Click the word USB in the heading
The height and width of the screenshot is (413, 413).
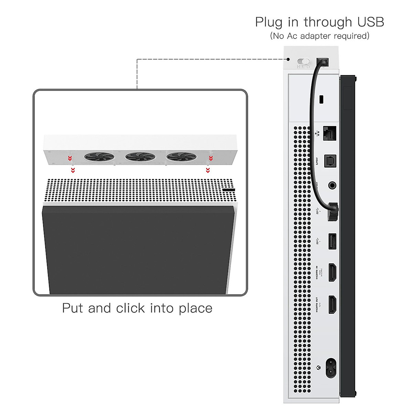point(370,22)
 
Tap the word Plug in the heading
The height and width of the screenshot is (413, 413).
point(269,23)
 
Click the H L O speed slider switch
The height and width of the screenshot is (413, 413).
point(304,62)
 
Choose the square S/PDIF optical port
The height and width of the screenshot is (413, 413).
point(330,161)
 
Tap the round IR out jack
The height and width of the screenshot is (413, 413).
point(332,185)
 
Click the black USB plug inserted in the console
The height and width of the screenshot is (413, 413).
point(332,211)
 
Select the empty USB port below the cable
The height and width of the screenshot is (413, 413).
point(332,241)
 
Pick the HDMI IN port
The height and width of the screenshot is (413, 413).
point(332,273)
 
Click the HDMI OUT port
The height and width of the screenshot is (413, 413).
point(332,305)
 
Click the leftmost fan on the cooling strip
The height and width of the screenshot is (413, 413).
point(99,157)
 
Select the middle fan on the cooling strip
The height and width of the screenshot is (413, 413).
point(140,157)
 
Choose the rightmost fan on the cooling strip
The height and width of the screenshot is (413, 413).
point(181,157)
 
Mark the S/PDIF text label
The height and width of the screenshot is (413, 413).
point(317,161)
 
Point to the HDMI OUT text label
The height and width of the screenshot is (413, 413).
point(317,304)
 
